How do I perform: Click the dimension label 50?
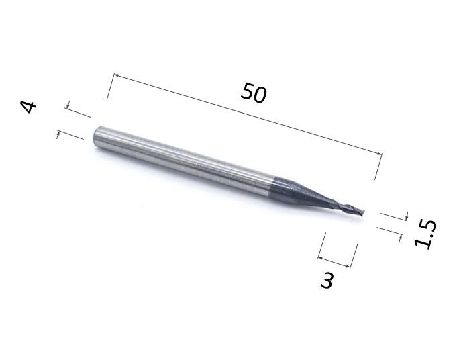pos(254,93)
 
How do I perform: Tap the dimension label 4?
pos(28,107)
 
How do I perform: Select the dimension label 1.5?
pos(426,234)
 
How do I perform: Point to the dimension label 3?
pos(327,280)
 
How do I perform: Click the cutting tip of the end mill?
pos(362,213)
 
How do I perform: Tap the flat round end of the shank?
pos(98,134)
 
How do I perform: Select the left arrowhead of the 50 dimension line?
pos(115,75)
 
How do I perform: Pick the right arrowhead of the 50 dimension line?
pos(379,154)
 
